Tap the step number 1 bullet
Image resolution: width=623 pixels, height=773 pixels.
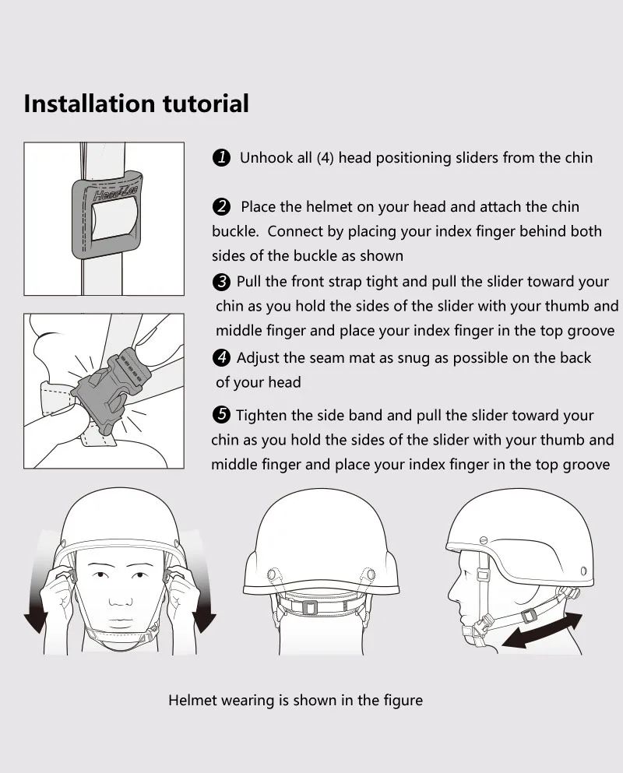pos(221,158)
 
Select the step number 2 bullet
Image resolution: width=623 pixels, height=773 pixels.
pos(221,206)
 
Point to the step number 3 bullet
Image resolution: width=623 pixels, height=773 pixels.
pos(221,282)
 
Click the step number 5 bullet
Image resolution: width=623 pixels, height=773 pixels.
pos(221,415)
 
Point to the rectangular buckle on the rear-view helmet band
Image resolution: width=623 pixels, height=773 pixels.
pos(309,607)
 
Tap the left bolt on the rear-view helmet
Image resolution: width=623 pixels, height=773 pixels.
pos(271,574)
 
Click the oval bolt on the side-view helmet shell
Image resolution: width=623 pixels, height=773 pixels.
pos(583,571)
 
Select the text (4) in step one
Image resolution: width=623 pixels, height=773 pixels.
pos(326,158)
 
